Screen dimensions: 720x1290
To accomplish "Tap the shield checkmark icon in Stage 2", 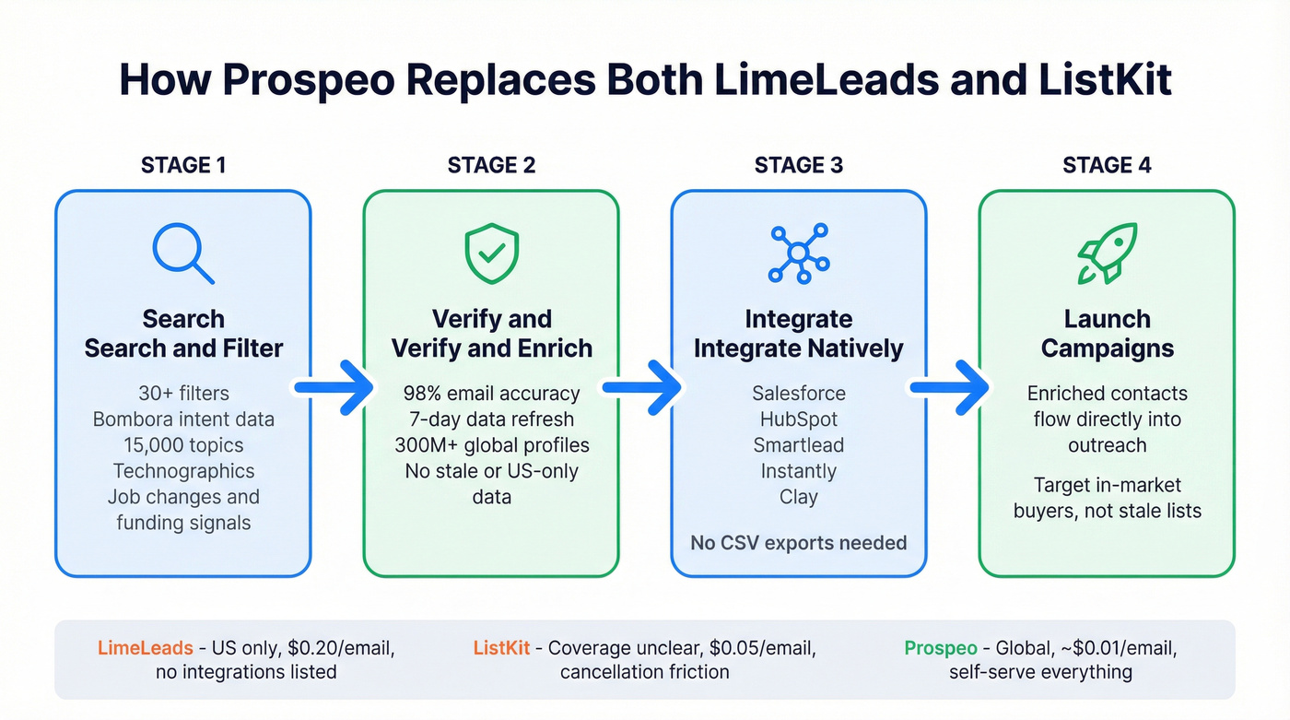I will (x=491, y=252).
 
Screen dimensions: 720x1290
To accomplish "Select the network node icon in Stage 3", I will (x=798, y=252).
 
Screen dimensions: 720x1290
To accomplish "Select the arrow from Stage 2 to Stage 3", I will (x=643, y=388).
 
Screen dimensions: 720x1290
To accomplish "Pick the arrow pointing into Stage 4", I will (x=951, y=388).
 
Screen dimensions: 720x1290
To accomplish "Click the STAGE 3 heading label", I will (x=798, y=165).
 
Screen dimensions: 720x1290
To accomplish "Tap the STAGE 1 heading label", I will (x=183, y=165).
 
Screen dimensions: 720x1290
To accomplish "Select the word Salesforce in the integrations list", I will (x=798, y=394).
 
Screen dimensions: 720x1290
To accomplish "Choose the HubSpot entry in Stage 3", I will (x=798, y=419).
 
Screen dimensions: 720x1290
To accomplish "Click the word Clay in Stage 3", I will (x=798, y=497).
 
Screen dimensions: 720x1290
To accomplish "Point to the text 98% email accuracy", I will (x=492, y=394).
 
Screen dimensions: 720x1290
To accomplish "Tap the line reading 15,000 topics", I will (x=183, y=445).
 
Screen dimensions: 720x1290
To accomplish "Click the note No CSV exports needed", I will (x=798, y=542).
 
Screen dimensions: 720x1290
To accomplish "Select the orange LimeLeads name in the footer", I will (x=144, y=648).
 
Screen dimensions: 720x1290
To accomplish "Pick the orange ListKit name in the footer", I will (x=501, y=648).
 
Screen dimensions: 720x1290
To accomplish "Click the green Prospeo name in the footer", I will (x=940, y=648).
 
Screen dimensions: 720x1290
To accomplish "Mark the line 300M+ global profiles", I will (x=492, y=445).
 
